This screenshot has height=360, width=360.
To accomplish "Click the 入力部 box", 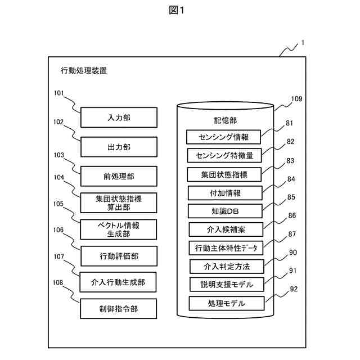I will click(119, 118).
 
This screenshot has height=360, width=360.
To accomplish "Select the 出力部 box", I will click(119, 147).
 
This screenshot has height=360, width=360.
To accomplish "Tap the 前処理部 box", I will click(119, 177).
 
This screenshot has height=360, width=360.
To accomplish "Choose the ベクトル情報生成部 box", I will click(119, 229).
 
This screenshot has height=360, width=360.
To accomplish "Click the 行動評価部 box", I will click(119, 256).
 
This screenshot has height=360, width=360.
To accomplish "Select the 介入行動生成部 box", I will click(119, 282).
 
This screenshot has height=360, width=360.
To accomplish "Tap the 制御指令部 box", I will click(119, 308).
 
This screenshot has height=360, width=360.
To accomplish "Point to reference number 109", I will click(296, 99).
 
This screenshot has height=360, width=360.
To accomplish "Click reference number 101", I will click(59, 94).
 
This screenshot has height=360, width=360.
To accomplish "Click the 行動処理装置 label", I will click(84, 71).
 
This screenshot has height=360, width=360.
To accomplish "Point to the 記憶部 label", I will click(225, 120).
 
